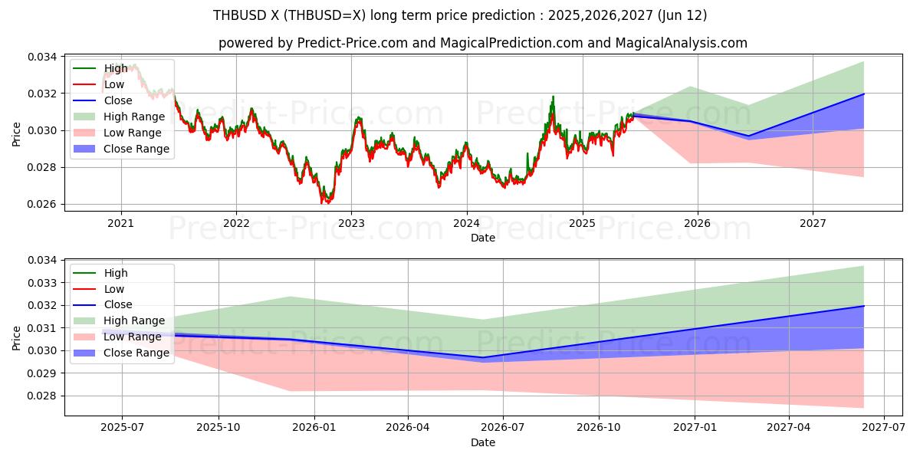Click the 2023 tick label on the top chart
(x=351, y=224)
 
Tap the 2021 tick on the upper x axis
(x=120, y=224)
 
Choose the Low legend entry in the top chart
(x=114, y=84)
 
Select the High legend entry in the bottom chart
(x=116, y=273)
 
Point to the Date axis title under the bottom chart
(x=483, y=442)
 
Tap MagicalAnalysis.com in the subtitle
(x=682, y=43)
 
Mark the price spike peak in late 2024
(x=553, y=97)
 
